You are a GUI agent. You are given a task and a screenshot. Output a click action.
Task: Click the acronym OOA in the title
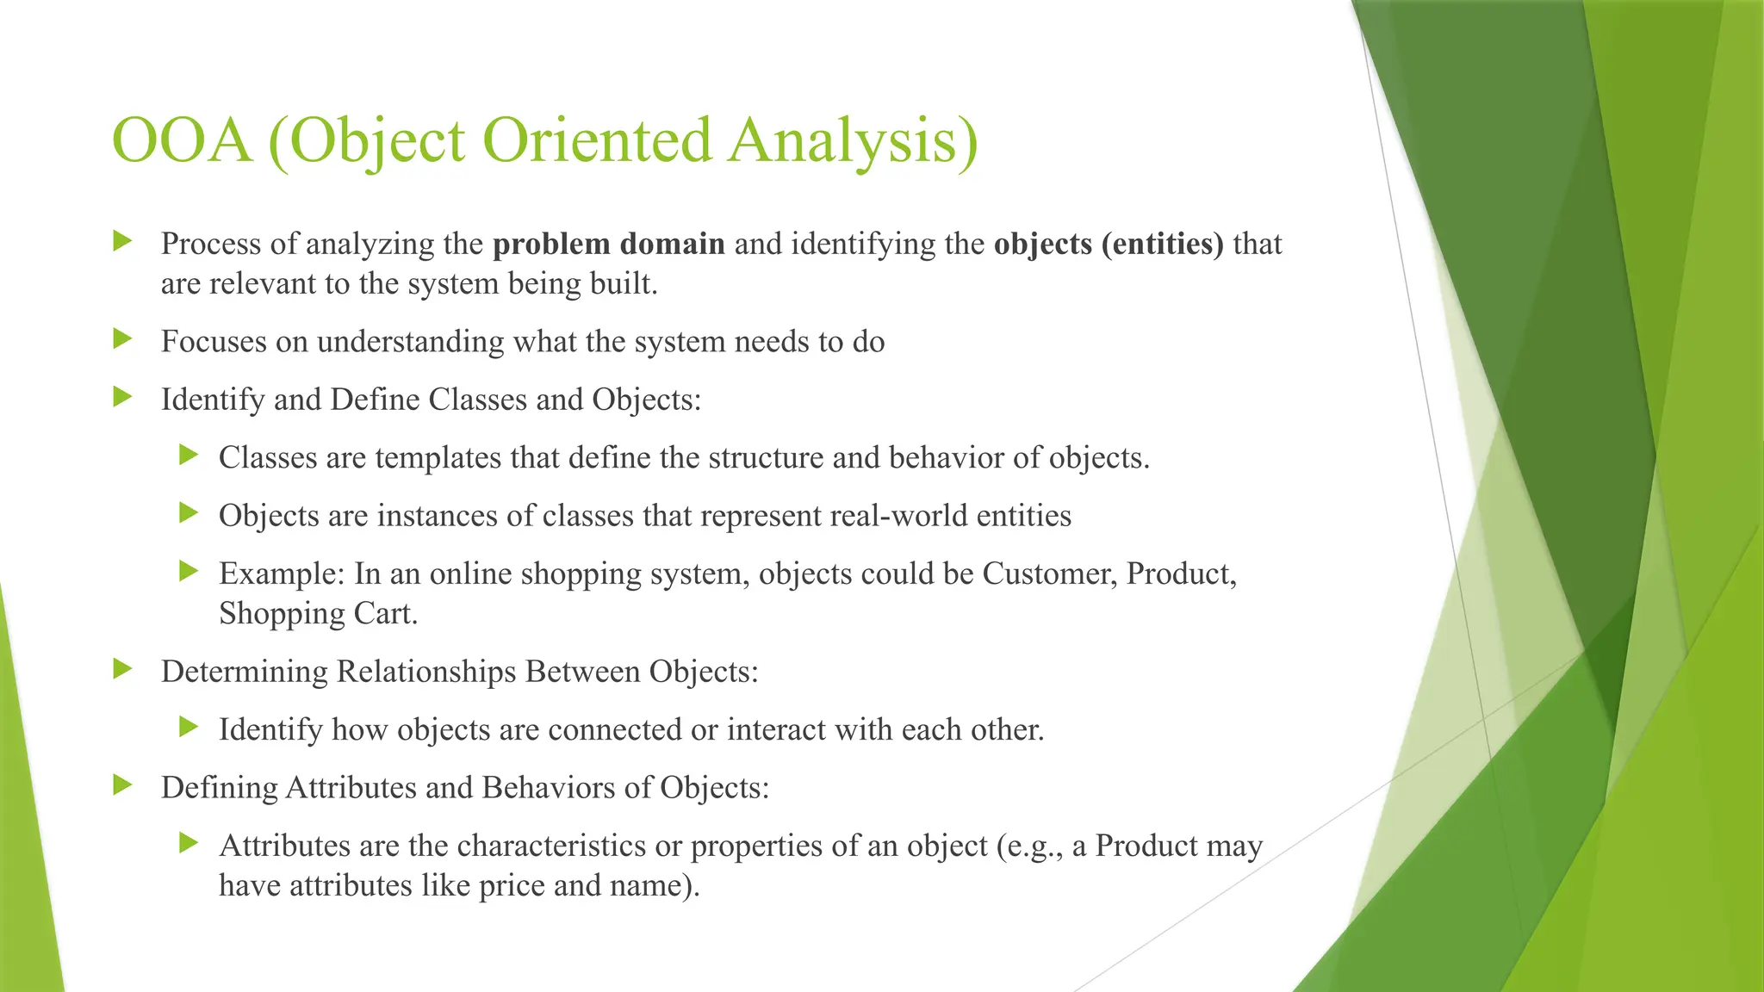click(x=182, y=140)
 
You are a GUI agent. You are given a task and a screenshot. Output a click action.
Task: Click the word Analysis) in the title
click(x=854, y=140)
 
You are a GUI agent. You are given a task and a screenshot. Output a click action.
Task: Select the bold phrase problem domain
click(x=608, y=244)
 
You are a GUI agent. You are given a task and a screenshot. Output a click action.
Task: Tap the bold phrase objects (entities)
click(x=1108, y=244)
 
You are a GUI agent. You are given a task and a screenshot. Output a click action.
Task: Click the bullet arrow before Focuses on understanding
click(x=123, y=339)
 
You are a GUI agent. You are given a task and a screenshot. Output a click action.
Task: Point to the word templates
click(x=438, y=457)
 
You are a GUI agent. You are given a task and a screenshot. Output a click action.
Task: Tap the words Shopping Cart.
click(x=318, y=613)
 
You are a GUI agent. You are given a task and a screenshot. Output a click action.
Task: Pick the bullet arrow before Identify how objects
click(x=189, y=728)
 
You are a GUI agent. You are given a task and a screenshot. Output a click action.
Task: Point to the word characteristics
click(x=551, y=846)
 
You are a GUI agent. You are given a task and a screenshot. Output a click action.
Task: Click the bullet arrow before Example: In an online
click(x=189, y=571)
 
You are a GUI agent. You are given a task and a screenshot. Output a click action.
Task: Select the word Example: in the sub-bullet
click(x=282, y=573)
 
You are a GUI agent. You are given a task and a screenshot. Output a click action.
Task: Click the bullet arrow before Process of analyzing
click(x=123, y=241)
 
